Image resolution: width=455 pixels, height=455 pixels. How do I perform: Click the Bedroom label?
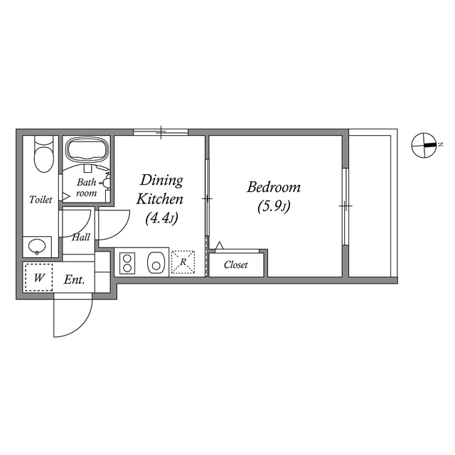pyautogui.click(x=274, y=188)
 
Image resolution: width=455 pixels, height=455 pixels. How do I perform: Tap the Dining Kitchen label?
pyautogui.click(x=161, y=189)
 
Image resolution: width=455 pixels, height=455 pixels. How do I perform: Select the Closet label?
pyautogui.click(x=236, y=265)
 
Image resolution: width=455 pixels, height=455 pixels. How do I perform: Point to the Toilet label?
pyautogui.click(x=41, y=200)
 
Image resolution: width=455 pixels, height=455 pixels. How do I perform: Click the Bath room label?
pyautogui.click(x=86, y=187)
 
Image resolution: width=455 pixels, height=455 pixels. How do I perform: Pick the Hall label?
pyautogui.click(x=80, y=237)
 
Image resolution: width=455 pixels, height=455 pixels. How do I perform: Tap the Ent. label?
pyautogui.click(x=75, y=280)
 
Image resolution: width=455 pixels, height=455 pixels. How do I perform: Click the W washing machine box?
pyautogui.click(x=39, y=278)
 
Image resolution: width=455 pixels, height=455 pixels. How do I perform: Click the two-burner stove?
pyautogui.click(x=128, y=263)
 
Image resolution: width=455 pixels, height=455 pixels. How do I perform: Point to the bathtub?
pyautogui.click(x=87, y=151)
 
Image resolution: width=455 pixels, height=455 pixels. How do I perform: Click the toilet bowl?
pyautogui.click(x=43, y=156)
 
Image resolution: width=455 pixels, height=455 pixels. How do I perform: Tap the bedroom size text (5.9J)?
pyautogui.click(x=274, y=207)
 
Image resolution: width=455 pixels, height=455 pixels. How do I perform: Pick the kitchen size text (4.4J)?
pyautogui.click(x=161, y=218)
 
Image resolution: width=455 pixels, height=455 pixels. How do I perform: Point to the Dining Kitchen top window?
pyautogui.click(x=161, y=132)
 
